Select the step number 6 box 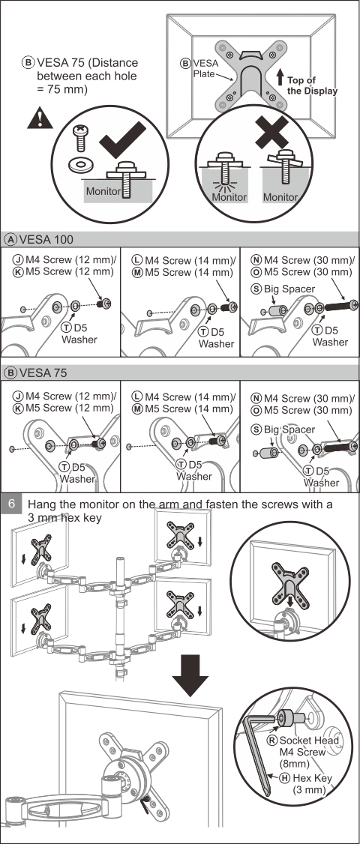click(x=13, y=505)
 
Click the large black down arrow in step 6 click(x=190, y=675)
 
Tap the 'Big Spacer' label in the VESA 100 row click(x=289, y=289)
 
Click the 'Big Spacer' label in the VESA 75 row click(x=289, y=430)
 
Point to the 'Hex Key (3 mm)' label click(x=311, y=784)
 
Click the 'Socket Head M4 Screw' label click(x=309, y=746)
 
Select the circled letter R click(x=273, y=740)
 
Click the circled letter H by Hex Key click(x=286, y=778)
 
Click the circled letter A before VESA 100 click(x=10, y=240)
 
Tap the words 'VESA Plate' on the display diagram click(x=205, y=67)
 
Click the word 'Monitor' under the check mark click(x=103, y=191)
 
